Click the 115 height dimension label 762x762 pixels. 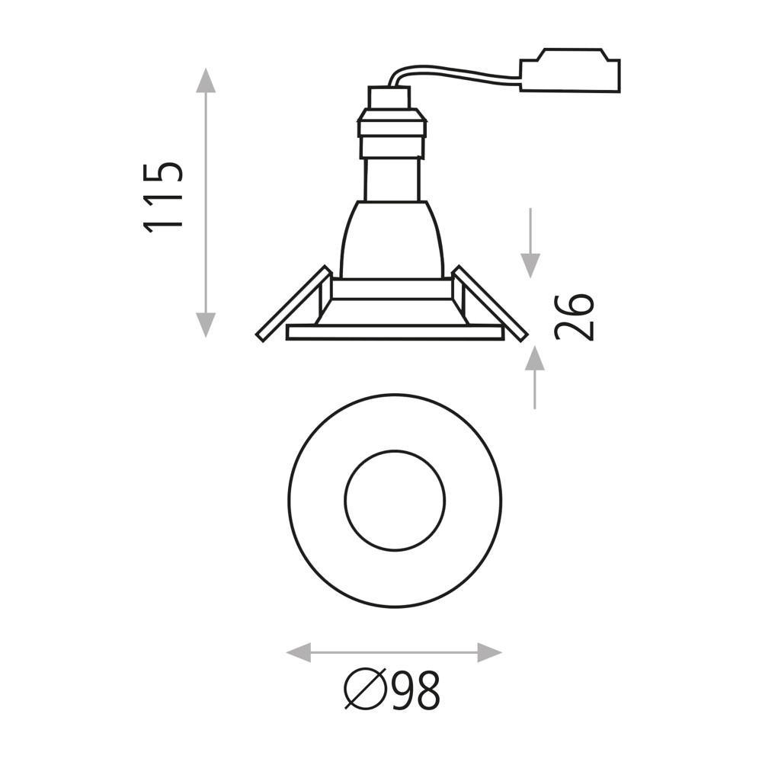coord(163,198)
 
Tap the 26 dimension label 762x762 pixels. coord(574,316)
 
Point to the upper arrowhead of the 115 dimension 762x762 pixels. coord(206,80)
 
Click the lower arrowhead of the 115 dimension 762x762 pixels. coord(206,325)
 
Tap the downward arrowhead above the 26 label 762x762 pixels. coord(530,266)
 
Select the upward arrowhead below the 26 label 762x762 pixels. coord(535,357)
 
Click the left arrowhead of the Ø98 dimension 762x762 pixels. coord(299,652)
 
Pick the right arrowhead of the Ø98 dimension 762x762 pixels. coord(490,652)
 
